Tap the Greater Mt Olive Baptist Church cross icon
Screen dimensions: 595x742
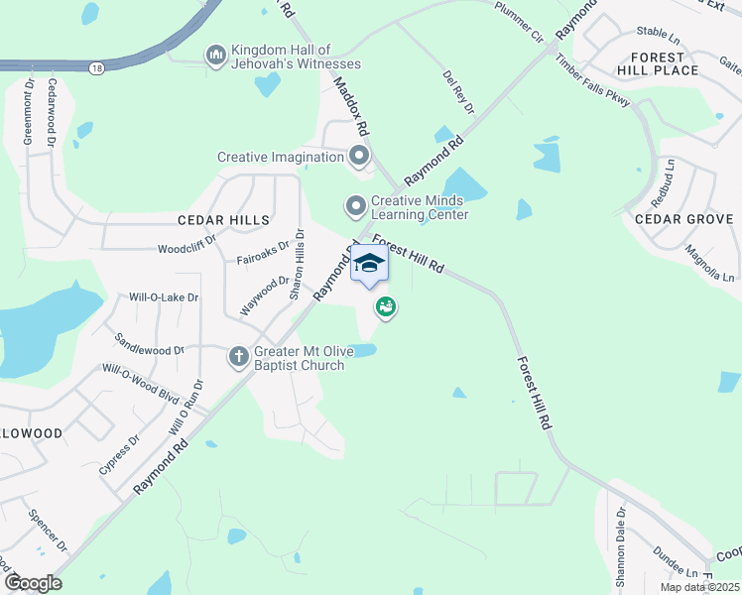coord(238,356)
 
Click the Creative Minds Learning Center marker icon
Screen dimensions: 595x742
coord(355,206)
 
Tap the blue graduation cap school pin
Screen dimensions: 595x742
coord(369,264)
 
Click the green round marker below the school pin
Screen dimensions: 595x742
coord(386,307)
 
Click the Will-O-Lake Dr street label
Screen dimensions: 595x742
coord(164,297)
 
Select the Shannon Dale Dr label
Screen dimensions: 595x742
coord(621,548)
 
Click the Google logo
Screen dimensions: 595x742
coord(33,583)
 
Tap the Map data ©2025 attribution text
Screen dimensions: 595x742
coord(699,587)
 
